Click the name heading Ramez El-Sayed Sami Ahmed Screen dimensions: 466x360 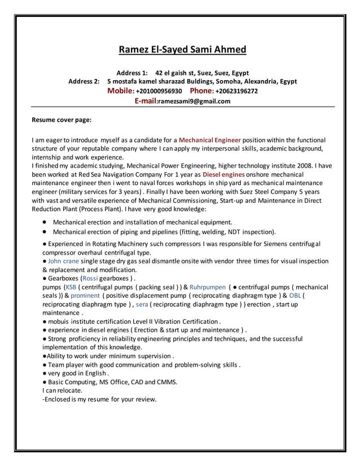[x=182, y=50]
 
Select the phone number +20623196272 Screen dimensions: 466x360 [x=236, y=91]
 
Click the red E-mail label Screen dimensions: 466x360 [x=145, y=101]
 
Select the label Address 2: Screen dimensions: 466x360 [x=84, y=82]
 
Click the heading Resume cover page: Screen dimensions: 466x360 [x=62, y=120]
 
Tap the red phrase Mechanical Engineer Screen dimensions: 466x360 [x=210, y=139]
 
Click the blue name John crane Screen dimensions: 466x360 [x=63, y=261]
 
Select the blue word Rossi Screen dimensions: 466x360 [x=90, y=278]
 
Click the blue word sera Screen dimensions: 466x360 [x=142, y=304]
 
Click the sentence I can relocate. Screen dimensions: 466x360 [x=62, y=390]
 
